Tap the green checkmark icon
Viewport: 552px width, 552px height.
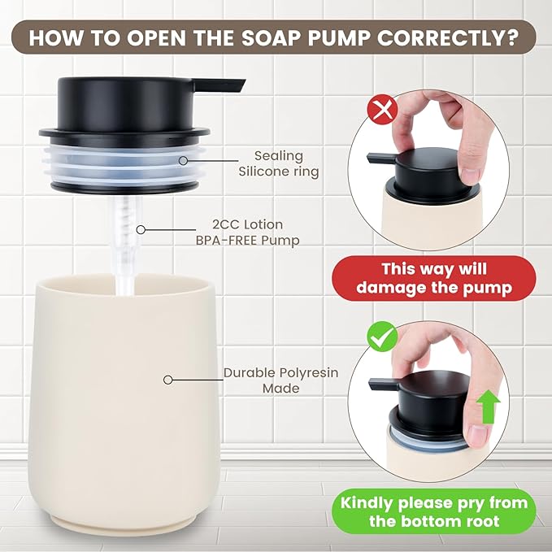382,335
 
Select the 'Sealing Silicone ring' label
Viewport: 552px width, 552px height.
278,163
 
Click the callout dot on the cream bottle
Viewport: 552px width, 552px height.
168,380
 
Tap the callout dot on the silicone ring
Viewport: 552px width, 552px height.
185,163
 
